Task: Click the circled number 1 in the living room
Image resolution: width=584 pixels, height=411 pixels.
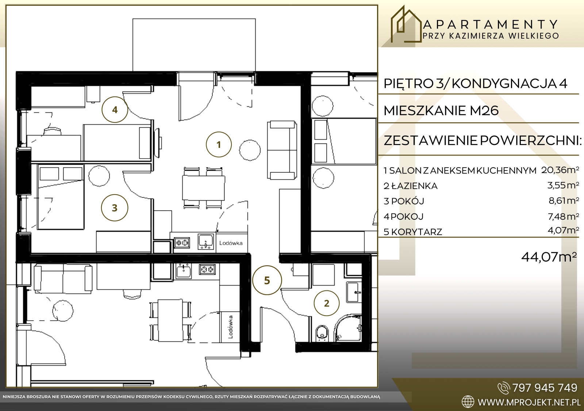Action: coord(219,144)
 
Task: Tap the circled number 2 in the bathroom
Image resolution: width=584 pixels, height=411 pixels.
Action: coord(327,303)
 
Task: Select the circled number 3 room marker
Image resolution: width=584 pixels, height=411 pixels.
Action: coord(115,208)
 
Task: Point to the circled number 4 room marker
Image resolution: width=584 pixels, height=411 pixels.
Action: coord(115,110)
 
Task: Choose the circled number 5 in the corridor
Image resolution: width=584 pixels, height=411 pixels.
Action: coord(267,280)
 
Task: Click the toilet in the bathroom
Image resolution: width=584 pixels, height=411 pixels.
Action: coord(322,333)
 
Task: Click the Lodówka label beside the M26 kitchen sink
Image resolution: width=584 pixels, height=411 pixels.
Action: coord(231,243)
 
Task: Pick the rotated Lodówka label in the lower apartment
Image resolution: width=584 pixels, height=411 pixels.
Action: coord(230,327)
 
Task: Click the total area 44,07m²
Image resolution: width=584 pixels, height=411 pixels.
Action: coord(549,257)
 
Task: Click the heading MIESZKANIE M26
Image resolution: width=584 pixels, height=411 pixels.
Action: coord(441,110)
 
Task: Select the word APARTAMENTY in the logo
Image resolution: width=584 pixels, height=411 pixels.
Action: coord(491,25)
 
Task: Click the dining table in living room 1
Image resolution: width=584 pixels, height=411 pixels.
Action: coord(203,188)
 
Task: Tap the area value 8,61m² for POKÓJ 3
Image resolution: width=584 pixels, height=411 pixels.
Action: coord(564,200)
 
